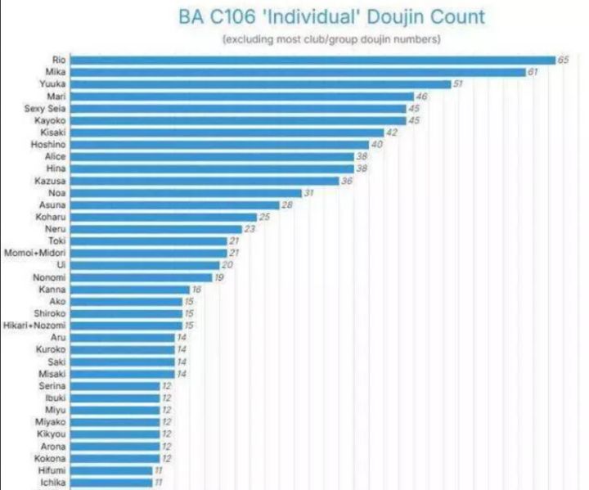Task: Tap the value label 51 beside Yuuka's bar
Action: click(x=458, y=84)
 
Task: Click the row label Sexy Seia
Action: click(x=47, y=108)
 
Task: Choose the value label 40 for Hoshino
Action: click(x=377, y=144)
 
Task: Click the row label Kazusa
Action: click(x=51, y=180)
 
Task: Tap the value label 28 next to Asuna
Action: click(x=287, y=205)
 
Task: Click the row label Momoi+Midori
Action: click(x=37, y=253)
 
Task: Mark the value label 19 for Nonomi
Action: click(x=220, y=277)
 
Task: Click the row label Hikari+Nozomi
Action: click(x=37, y=326)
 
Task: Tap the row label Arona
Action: click(x=53, y=447)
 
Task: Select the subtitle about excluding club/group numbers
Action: click(x=331, y=38)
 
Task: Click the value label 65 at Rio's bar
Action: click(x=563, y=60)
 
